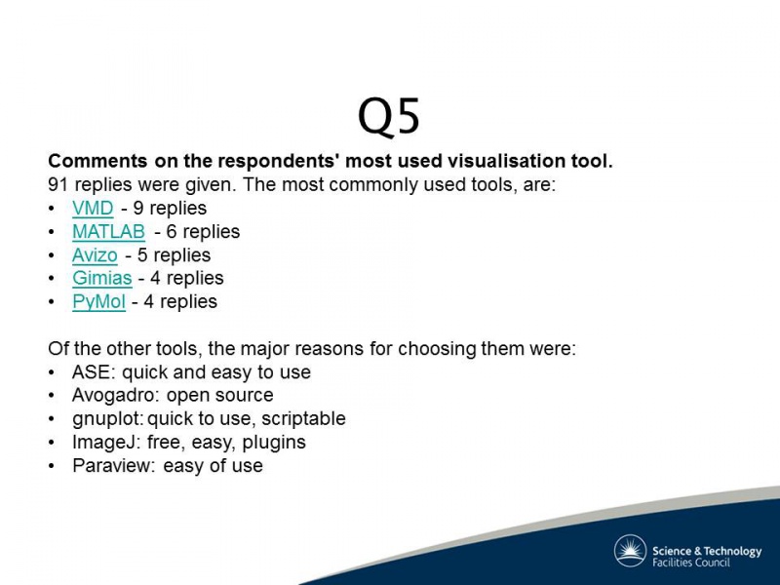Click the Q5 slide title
point(389,117)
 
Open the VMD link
point(93,208)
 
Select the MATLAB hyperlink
point(108,231)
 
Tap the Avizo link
point(95,254)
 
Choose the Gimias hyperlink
point(102,278)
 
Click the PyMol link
point(98,301)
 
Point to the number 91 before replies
point(58,184)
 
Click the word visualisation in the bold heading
point(504,161)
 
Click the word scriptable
point(303,419)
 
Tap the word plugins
point(274,443)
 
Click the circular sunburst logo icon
point(630,551)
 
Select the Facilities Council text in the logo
point(691,563)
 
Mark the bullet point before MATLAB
point(52,232)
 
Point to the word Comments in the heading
point(97,161)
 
